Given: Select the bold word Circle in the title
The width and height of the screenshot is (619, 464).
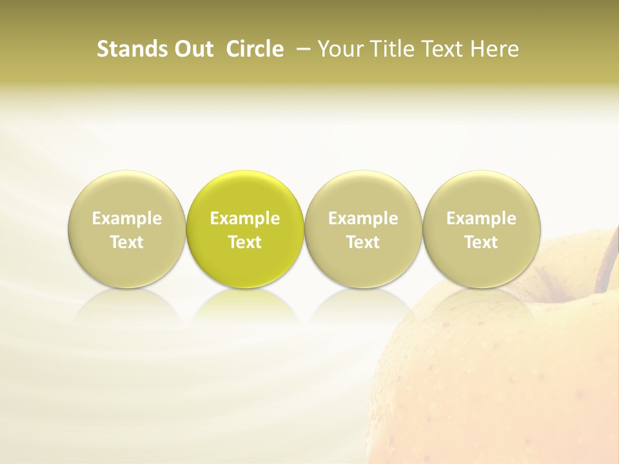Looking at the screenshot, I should (254, 49).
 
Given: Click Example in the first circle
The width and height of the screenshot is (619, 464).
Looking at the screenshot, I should (127, 218).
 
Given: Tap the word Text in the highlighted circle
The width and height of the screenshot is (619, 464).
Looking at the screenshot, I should (245, 242).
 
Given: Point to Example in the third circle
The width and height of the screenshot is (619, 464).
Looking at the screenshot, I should (363, 218).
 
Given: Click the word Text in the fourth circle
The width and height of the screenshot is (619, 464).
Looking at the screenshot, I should (481, 242).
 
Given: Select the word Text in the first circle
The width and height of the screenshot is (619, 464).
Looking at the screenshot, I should (127, 242).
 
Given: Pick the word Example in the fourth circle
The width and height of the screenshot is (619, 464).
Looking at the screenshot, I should (481, 218).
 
